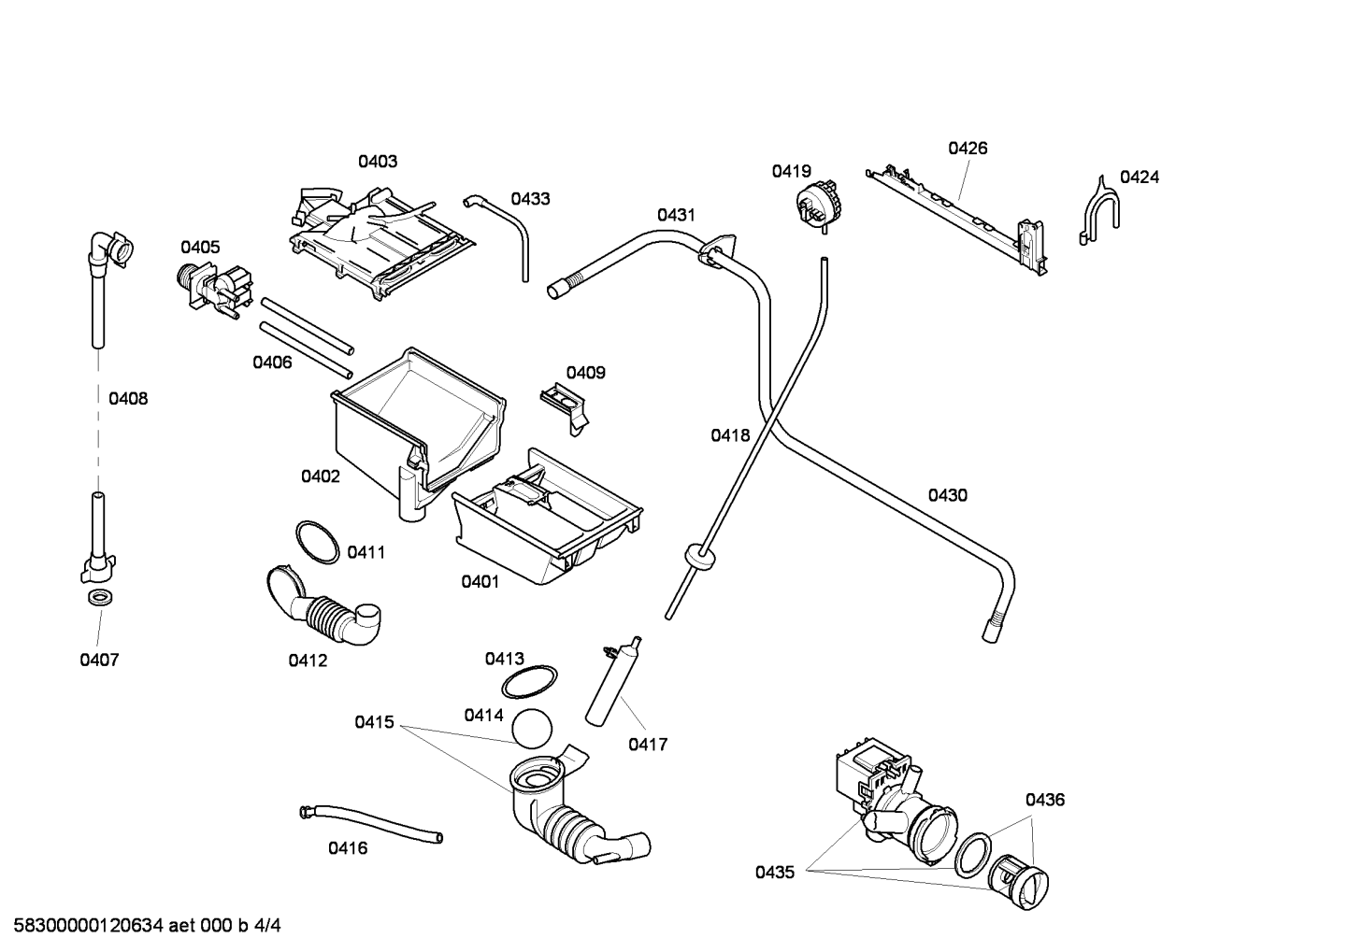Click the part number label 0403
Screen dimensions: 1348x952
[x=378, y=162]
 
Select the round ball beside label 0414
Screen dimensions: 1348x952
[x=532, y=729]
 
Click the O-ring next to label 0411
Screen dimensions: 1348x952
[x=317, y=543]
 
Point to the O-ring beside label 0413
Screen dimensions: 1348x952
[x=529, y=682]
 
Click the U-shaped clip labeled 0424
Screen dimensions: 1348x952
[x=1099, y=210]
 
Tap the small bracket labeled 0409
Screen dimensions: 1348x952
[x=566, y=407]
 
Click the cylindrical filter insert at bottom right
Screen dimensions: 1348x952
[x=1018, y=883]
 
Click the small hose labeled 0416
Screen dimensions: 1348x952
[x=371, y=824]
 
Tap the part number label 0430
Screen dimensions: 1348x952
[x=948, y=495]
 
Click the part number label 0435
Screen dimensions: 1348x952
[x=775, y=872]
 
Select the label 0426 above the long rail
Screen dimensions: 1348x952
[x=968, y=148]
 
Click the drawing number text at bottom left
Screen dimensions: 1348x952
[x=148, y=926]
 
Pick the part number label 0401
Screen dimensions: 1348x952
[x=480, y=581]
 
